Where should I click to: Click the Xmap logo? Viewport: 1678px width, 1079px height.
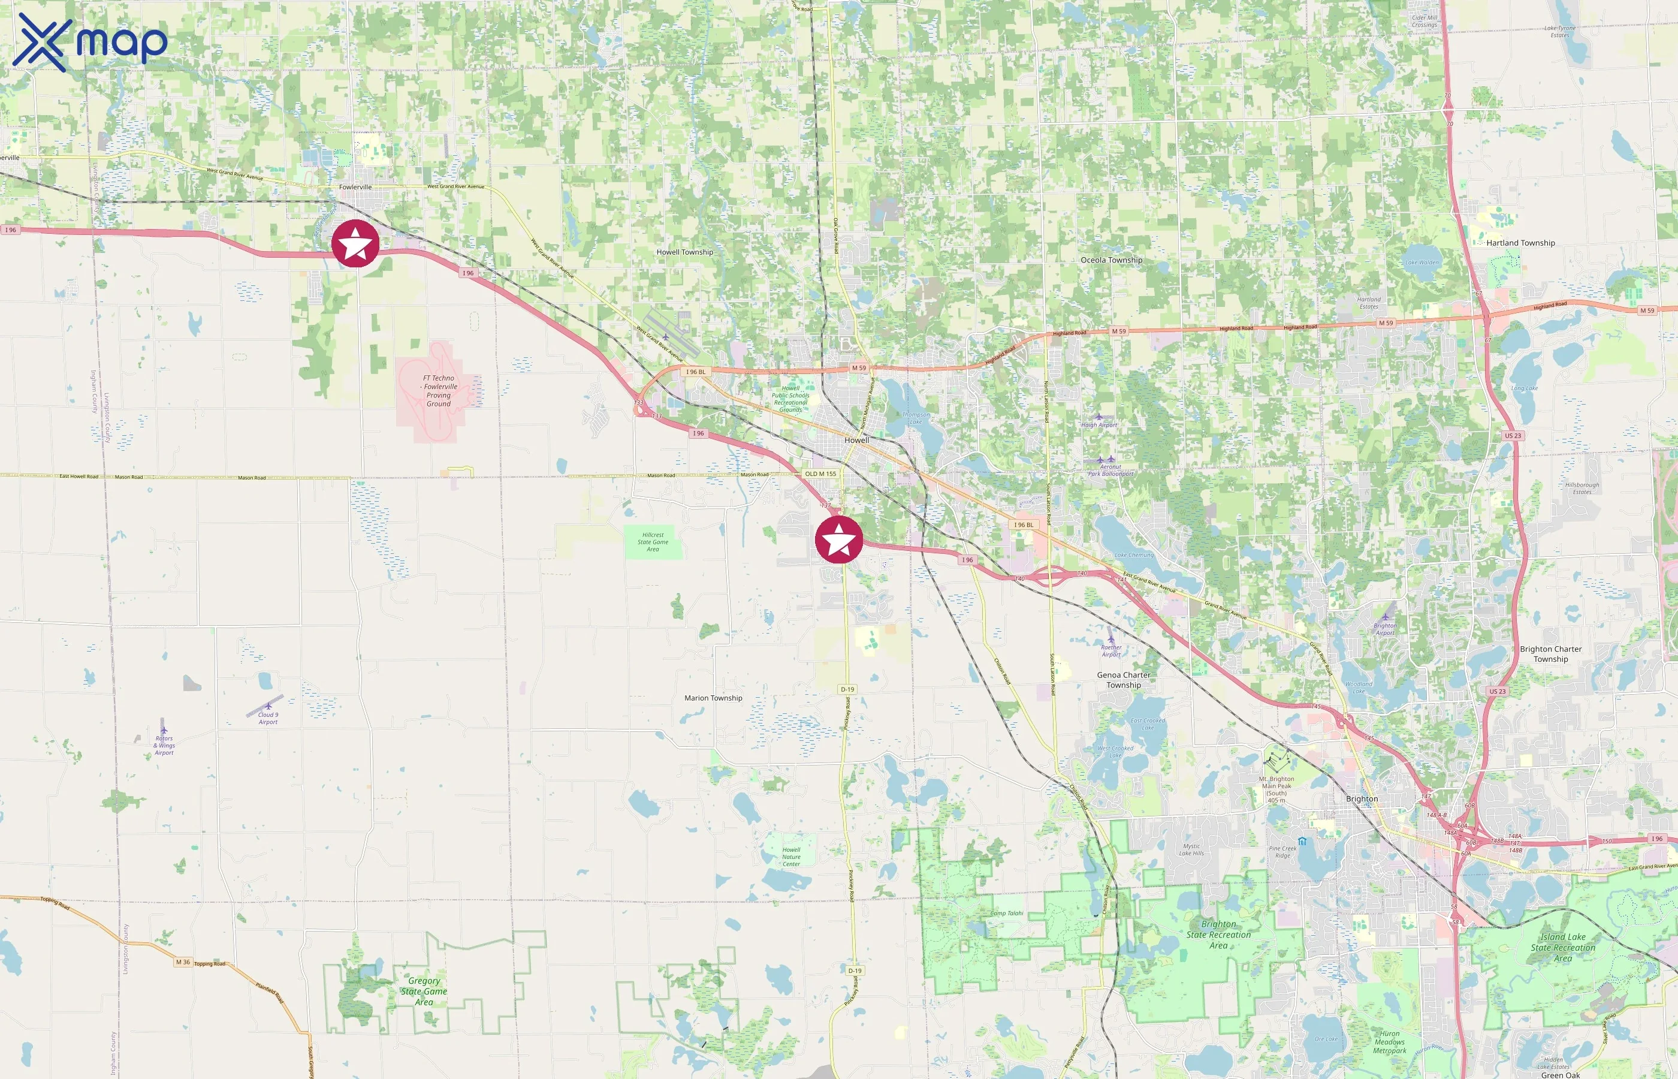[90, 42]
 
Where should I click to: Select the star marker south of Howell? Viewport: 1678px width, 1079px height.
[838, 539]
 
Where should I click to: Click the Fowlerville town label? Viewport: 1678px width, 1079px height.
[355, 187]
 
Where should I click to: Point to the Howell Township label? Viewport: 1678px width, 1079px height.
[684, 252]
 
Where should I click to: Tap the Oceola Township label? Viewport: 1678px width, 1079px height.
[1110, 260]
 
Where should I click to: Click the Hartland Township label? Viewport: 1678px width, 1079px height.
[1520, 243]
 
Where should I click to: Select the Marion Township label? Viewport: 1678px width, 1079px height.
[713, 698]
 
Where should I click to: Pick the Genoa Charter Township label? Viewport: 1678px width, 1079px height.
[1123, 680]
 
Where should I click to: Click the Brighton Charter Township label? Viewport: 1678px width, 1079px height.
[1550, 654]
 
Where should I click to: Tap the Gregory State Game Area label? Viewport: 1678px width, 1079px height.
[424, 991]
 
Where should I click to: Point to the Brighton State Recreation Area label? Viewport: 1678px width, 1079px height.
[1218, 935]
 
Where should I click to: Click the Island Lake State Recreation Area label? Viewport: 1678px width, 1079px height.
[1562, 947]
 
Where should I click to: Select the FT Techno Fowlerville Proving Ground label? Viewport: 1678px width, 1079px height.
[439, 391]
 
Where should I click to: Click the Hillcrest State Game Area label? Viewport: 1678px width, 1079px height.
[653, 542]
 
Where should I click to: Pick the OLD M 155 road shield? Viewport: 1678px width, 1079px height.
[820, 474]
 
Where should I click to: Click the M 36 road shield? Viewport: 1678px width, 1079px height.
[183, 962]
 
